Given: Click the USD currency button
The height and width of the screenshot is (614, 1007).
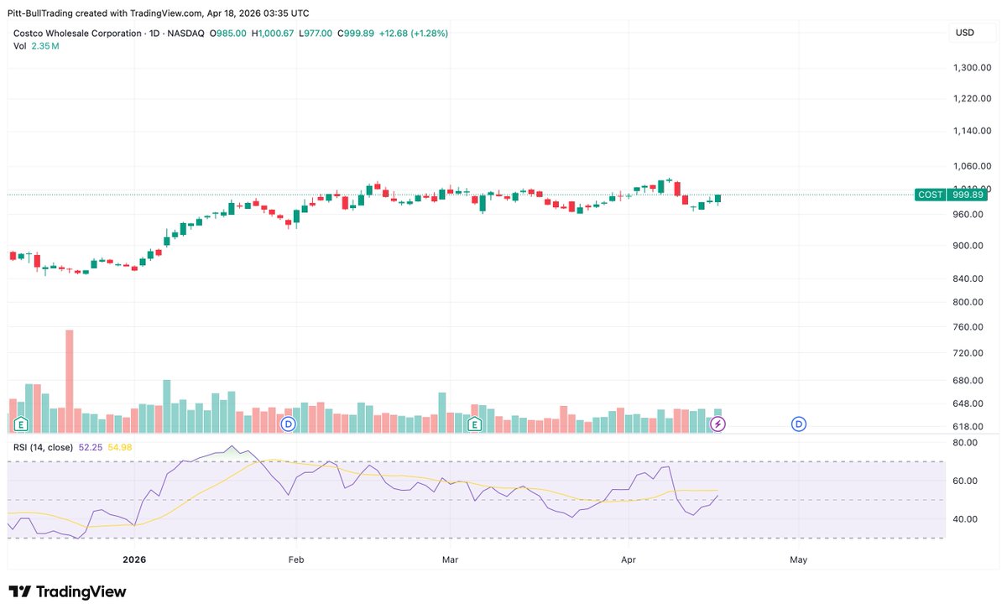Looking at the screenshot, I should pos(964,33).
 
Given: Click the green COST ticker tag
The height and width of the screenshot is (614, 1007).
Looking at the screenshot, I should pos(931,195).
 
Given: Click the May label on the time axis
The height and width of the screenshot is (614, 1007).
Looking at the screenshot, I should pos(798,559).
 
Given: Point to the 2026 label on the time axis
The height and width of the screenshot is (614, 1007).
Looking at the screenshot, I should pos(134,559).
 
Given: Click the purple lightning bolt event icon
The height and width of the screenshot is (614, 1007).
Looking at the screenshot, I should pos(718,424).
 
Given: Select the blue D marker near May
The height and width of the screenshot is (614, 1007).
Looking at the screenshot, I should pos(798,424).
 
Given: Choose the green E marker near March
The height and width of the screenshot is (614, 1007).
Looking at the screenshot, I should pos(475,424).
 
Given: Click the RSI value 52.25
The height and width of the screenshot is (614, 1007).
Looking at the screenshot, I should pos(90,447).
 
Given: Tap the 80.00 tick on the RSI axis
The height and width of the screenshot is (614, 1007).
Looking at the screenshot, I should pos(965,443).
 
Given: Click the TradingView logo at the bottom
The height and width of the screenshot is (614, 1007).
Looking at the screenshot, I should pos(67,591).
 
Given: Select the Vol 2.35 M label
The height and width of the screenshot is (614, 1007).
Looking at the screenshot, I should pos(36,46).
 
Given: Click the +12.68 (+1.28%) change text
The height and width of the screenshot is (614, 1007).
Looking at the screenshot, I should pos(413,34).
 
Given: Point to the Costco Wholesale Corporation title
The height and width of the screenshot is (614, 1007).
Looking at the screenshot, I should pos(76,34).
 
